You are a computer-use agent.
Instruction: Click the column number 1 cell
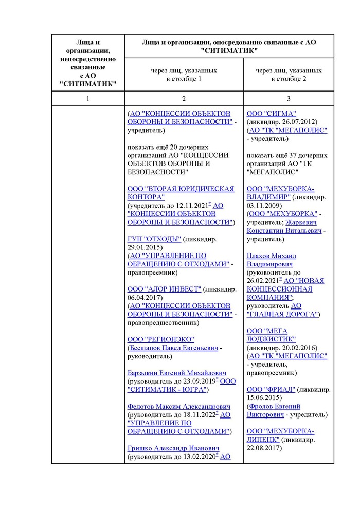88,98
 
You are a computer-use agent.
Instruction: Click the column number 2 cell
184,98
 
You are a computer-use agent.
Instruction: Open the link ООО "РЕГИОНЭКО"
160,339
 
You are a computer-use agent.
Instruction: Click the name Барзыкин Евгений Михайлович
177,373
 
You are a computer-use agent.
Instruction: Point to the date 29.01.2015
145,247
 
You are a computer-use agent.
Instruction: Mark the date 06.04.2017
145,298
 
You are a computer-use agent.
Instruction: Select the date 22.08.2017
264,448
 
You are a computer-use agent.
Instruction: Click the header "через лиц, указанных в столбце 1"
184,75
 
